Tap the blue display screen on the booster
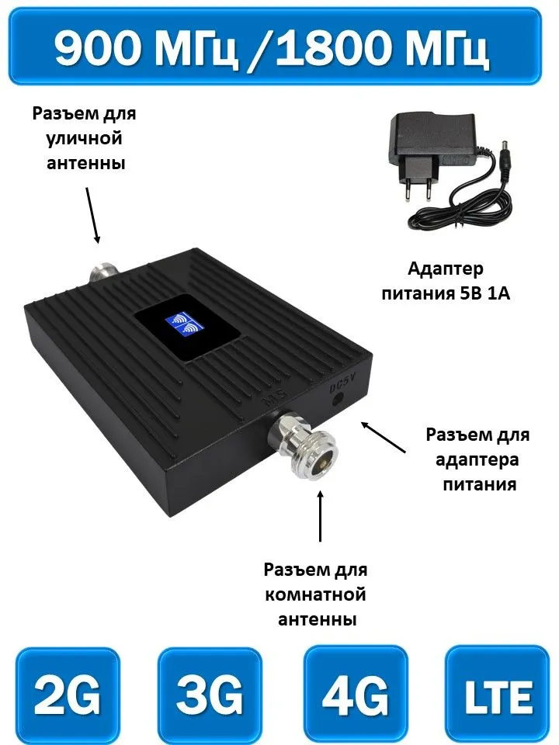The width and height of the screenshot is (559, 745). (x=184, y=324)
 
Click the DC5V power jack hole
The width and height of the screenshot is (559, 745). (x=339, y=398)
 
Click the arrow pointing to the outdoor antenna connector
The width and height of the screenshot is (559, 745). (x=92, y=215)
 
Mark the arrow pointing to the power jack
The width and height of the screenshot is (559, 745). (x=384, y=437)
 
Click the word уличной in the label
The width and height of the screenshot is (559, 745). (x=84, y=139)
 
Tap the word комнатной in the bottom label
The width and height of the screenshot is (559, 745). (x=316, y=594)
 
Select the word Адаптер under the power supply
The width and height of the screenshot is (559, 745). (x=446, y=269)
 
